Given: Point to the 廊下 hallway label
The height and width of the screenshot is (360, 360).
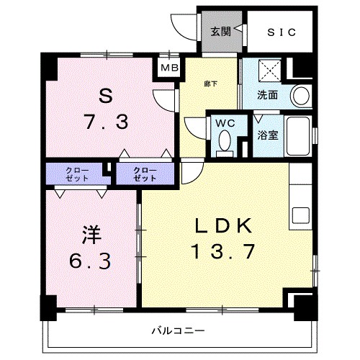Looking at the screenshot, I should click(210, 83).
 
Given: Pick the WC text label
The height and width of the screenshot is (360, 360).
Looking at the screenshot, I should click(225, 122).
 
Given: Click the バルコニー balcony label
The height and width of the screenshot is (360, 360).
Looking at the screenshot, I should click(176, 331).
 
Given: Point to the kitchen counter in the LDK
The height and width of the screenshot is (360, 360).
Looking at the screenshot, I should click(300, 194).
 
